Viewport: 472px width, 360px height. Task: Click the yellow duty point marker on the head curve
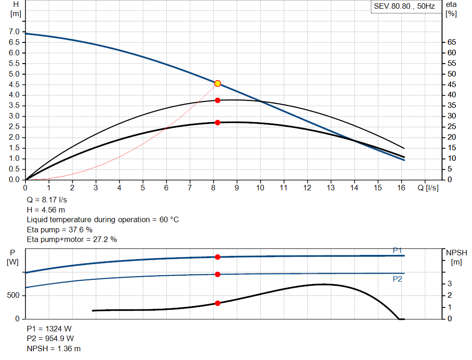point(218,83)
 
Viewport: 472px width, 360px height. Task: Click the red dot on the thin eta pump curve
point(218,100)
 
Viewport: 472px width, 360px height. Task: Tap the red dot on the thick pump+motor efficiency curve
point(218,123)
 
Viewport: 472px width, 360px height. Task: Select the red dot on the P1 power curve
point(218,257)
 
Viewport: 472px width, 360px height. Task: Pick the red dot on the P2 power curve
point(218,274)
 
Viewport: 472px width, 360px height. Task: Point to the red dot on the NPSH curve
point(218,303)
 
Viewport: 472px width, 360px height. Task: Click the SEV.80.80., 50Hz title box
point(404,7)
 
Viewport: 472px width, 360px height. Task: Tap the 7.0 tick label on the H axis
point(14,32)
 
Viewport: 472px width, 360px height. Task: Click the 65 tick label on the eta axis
point(451,42)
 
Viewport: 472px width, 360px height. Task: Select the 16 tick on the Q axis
point(401,188)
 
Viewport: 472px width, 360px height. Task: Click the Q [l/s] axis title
point(428,188)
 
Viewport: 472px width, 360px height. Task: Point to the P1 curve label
point(397,250)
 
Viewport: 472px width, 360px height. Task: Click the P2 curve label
point(397,279)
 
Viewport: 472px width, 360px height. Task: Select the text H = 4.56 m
point(46,210)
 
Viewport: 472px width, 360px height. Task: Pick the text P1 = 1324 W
point(49,329)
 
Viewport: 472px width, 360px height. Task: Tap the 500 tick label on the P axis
point(13,295)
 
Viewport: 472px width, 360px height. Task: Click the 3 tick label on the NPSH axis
point(450,283)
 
